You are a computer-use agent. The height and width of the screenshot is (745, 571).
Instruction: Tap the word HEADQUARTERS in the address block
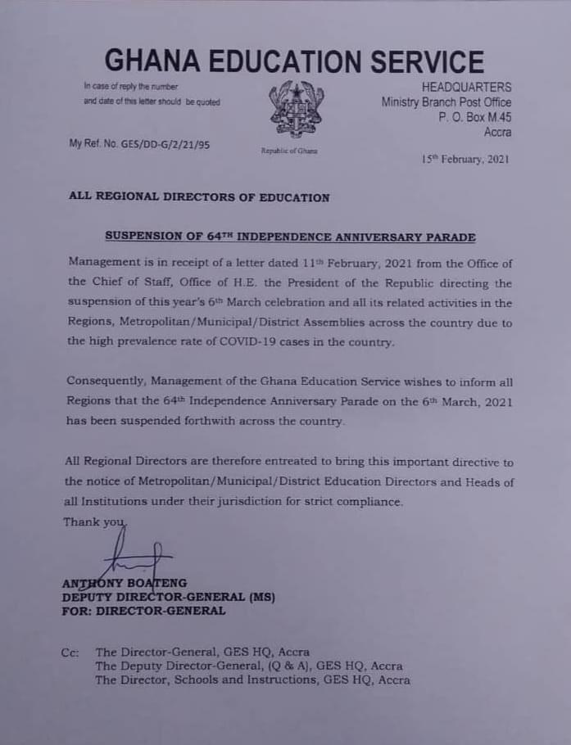(x=466, y=87)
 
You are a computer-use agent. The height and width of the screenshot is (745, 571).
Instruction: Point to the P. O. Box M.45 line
(x=475, y=117)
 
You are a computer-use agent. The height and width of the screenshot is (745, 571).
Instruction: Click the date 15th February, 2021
(x=465, y=160)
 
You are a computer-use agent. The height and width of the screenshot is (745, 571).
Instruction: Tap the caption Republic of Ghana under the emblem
(x=289, y=151)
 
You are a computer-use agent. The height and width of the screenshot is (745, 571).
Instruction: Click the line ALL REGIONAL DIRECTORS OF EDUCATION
(x=199, y=197)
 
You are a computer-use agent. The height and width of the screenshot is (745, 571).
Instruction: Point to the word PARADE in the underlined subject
(x=449, y=237)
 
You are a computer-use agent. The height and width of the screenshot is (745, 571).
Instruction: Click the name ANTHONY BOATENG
(x=125, y=584)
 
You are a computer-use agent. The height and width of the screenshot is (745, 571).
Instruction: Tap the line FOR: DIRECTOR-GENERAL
(x=143, y=611)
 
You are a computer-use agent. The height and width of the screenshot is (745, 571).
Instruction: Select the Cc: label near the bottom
(x=70, y=652)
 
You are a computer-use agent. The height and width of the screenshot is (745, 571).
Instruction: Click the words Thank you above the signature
(x=93, y=522)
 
